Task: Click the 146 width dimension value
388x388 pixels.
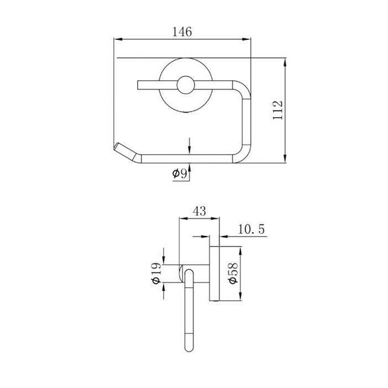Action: (x=182, y=32)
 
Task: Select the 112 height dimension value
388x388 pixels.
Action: (x=277, y=110)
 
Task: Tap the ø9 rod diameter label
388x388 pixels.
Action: (x=180, y=174)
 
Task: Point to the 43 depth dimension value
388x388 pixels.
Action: (x=199, y=211)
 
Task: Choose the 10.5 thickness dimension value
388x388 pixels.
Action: (x=251, y=229)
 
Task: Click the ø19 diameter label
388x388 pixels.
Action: (x=156, y=273)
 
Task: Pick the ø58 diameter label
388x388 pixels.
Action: (x=233, y=273)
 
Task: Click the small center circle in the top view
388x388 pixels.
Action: (x=186, y=85)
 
